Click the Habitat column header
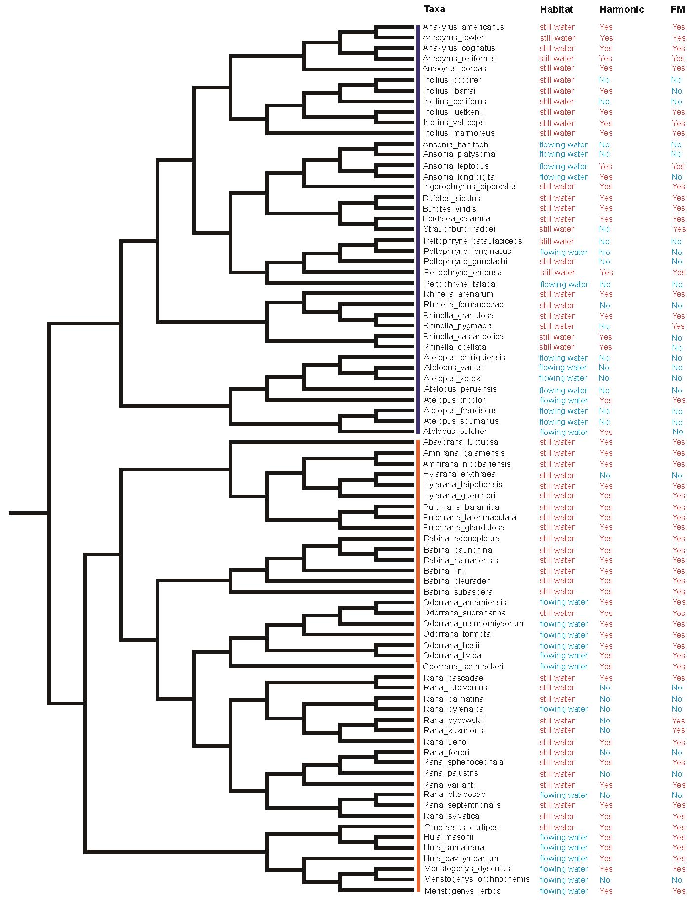click(556, 9)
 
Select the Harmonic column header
click(621, 9)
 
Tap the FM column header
click(678, 9)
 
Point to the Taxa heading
click(434, 9)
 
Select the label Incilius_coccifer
click(452, 80)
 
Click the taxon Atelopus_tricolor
click(454, 400)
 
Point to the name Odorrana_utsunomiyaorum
click(473, 624)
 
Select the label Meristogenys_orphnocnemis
click(476, 879)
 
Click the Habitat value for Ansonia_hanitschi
click(564, 145)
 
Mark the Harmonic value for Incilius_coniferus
click(604, 102)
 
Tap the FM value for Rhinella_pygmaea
click(678, 326)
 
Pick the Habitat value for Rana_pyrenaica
click(564, 709)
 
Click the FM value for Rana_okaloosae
click(677, 795)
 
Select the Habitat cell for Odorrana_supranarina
click(557, 613)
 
